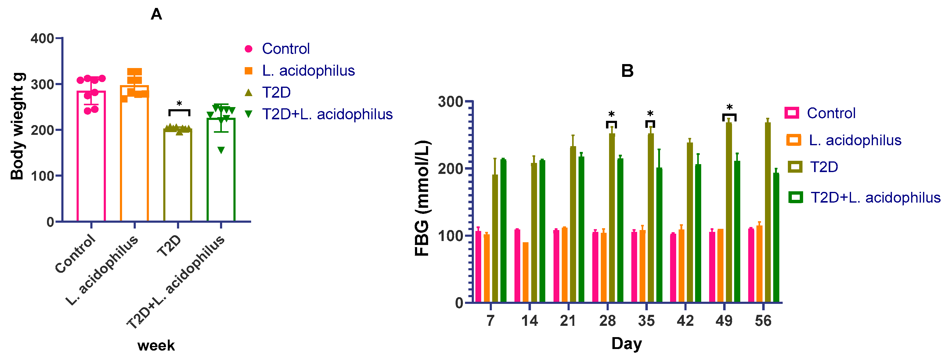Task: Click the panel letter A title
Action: [x=156, y=15]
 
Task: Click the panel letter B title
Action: [x=627, y=71]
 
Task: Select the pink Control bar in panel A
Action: [x=91, y=158]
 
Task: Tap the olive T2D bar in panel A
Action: [x=178, y=176]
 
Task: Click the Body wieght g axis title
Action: [x=17, y=127]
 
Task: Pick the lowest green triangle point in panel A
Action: [x=221, y=150]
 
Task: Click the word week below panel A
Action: [x=156, y=346]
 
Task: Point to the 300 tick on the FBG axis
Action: [x=450, y=102]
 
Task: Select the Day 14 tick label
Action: [x=529, y=321]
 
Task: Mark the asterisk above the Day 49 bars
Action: [x=729, y=107]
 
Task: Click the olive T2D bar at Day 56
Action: [x=768, y=213]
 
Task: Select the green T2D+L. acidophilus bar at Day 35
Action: [x=659, y=235]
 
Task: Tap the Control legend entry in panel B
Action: [x=831, y=113]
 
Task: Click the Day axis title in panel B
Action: [x=626, y=344]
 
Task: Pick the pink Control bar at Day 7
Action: [x=478, y=267]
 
